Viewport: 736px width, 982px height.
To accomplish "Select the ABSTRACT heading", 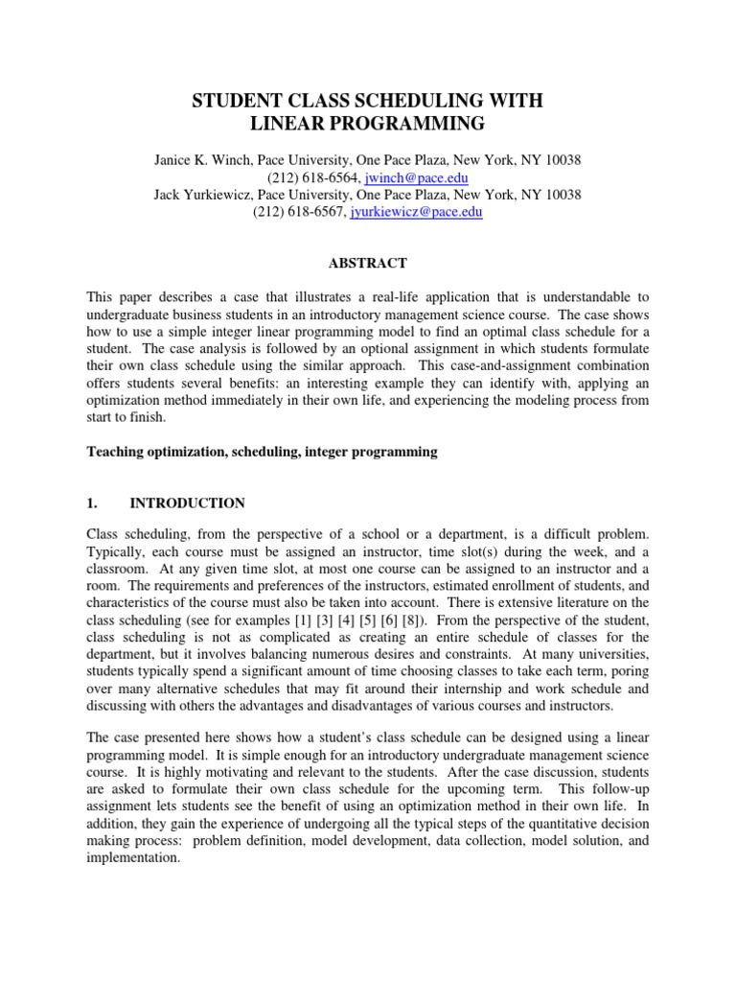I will point(368,263).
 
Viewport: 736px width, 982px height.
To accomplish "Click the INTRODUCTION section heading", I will point(187,503).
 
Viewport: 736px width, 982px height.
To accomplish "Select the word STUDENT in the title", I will point(241,99).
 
